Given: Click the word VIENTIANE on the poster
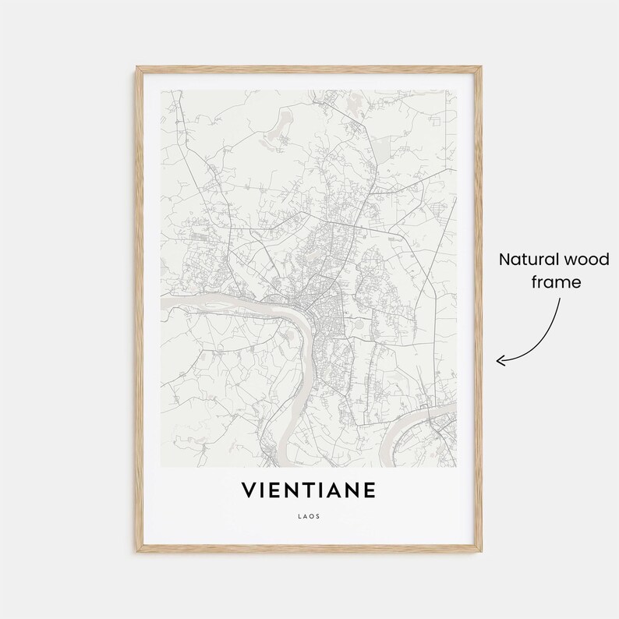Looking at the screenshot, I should tap(309, 490).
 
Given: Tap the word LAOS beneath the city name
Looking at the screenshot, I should tap(309, 515).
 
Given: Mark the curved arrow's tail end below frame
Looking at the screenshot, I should tap(558, 299).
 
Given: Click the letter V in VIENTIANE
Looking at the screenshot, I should tap(249, 490).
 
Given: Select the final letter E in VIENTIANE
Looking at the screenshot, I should tap(370, 490).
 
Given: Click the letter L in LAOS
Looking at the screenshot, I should tap(299, 515).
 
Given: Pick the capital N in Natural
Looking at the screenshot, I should tap(504, 260).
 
